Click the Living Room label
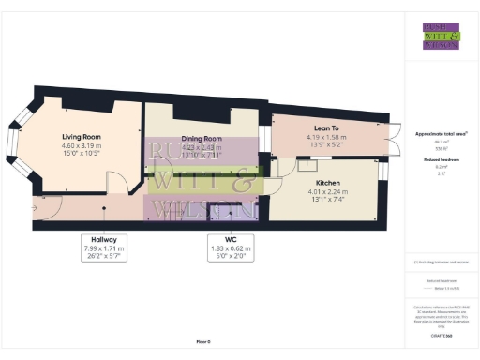81,136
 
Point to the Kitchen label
327,182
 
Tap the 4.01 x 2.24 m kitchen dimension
327,192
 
